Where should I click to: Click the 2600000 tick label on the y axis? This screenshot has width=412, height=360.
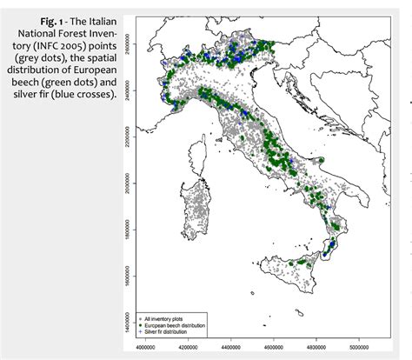tap(127, 42)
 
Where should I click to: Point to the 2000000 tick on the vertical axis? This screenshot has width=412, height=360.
tap(127, 184)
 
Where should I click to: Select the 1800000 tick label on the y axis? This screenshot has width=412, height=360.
tap(127, 232)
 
